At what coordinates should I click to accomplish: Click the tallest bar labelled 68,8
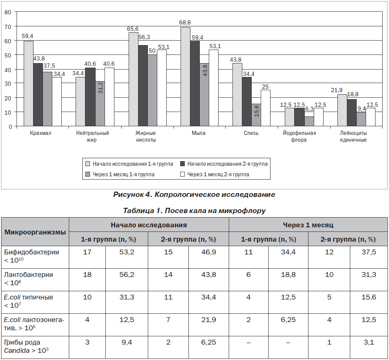click(185, 77)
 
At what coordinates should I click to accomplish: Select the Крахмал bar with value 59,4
click(29, 83)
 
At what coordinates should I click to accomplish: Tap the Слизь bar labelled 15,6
click(256, 115)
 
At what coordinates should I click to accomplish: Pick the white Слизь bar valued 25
click(266, 108)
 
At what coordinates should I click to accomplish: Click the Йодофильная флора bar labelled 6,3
click(309, 121)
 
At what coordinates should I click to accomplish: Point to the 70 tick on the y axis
click(8, 27)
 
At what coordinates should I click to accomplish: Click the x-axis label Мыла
click(199, 133)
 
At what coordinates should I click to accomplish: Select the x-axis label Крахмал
click(40, 133)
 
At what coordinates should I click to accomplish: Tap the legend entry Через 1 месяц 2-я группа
click(214, 174)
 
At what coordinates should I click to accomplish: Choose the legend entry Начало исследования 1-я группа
click(129, 164)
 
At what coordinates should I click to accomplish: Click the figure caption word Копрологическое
click(187, 195)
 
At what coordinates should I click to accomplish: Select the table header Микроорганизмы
click(35, 232)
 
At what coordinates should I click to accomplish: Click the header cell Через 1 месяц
click(308, 225)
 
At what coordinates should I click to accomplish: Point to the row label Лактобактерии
click(29, 275)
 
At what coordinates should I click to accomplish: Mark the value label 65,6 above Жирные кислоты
click(133, 29)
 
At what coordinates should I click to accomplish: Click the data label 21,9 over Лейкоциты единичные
click(337, 91)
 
